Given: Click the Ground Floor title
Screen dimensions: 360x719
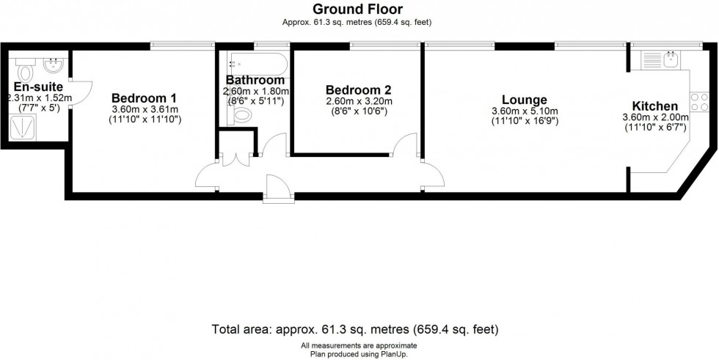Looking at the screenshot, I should click(359, 9).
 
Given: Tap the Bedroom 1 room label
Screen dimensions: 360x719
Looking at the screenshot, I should click(144, 98).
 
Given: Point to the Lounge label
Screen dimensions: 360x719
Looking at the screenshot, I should click(525, 100).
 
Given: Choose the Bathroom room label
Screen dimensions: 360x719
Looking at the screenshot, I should click(255, 80).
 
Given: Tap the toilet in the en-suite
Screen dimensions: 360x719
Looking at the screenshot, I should click(26, 73).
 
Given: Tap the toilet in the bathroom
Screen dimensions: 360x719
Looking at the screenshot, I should click(241, 116).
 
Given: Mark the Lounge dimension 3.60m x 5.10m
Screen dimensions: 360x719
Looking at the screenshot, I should click(525, 111).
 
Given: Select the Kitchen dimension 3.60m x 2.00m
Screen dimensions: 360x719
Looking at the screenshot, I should click(655, 117).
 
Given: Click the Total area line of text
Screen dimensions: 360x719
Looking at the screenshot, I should click(359, 328).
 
